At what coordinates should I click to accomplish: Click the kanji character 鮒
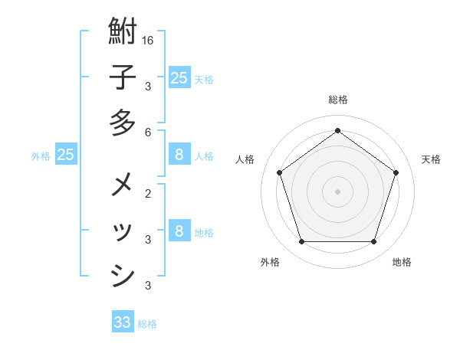coord(123,33)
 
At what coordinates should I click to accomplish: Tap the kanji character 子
coord(123,78)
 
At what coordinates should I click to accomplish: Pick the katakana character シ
coord(123,275)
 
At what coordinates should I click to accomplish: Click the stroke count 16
coord(148,40)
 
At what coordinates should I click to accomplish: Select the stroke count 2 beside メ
coord(147,193)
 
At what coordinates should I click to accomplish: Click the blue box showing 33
coord(123,322)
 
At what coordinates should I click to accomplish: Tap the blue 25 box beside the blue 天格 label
coord(179,77)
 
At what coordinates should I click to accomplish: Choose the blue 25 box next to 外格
coord(66,155)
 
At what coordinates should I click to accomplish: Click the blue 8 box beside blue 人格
coord(179,155)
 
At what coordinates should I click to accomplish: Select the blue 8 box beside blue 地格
coord(179,231)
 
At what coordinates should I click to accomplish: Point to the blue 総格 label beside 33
coord(147,324)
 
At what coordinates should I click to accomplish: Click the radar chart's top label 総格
coord(337,100)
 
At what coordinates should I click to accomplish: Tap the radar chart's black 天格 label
coord(431,159)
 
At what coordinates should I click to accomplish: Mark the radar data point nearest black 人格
coord(279,172)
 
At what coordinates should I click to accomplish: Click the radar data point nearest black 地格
coord(373,242)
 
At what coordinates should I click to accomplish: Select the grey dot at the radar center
coord(337,191)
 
